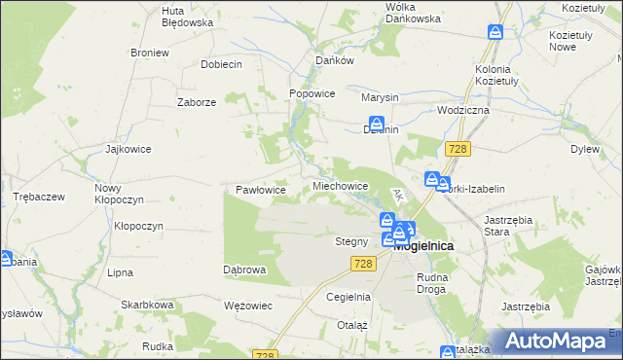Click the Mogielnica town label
pyautogui.click(x=424, y=246)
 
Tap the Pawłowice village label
pyautogui.click(x=261, y=190)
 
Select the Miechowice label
pyautogui.click(x=340, y=185)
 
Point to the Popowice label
pyautogui.click(x=312, y=94)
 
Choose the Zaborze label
pyautogui.click(x=196, y=102)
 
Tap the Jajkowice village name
pyautogui.click(x=128, y=150)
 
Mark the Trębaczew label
pyautogui.click(x=38, y=197)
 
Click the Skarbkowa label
pyautogui.click(x=147, y=305)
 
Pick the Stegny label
pyautogui.click(x=350, y=241)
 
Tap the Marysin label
pyautogui.click(x=380, y=98)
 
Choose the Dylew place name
pyautogui.click(x=584, y=150)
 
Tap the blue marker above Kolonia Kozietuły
pyautogui.click(x=495, y=34)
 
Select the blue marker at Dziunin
pyautogui.click(x=375, y=123)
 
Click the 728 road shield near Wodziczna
pyautogui.click(x=458, y=148)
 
